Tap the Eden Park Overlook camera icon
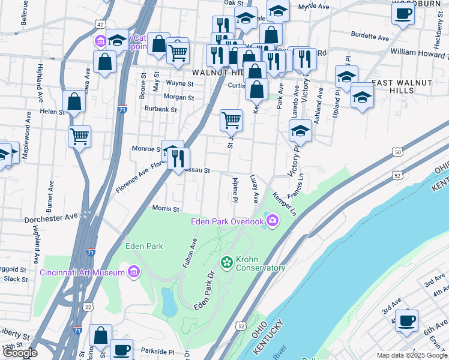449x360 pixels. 273,221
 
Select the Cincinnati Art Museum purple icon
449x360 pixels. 134,272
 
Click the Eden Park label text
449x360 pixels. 144,246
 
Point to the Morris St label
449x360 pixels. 166,209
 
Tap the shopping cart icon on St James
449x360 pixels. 231,120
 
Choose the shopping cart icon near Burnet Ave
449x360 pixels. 79,136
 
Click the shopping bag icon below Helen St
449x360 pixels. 74,101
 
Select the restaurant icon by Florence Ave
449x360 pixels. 178,158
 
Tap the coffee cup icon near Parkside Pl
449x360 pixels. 122,349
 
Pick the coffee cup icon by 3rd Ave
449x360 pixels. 406,320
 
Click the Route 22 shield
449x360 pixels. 89,307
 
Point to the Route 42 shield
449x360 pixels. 100,24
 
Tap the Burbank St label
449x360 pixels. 160,110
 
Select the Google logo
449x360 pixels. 20,353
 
